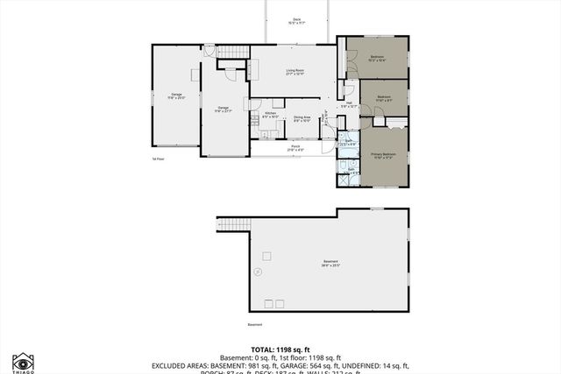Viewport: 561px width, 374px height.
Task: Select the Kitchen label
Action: pos(271,115)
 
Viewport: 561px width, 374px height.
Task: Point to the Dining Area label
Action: pos(302,119)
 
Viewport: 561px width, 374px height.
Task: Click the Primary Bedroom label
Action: pos(383,155)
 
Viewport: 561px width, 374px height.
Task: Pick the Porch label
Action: pos(295,148)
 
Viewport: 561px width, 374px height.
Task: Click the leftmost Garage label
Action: pos(176,95)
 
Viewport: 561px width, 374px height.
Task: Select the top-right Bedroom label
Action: pos(377,59)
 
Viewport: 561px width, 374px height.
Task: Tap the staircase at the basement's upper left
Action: pos(231,225)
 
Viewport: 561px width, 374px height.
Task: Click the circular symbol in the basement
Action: pos(258,272)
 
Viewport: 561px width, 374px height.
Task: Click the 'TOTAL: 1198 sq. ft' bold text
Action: pos(280,348)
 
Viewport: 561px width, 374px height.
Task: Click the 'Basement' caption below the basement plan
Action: pos(255,325)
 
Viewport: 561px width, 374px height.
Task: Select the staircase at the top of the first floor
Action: pos(233,52)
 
